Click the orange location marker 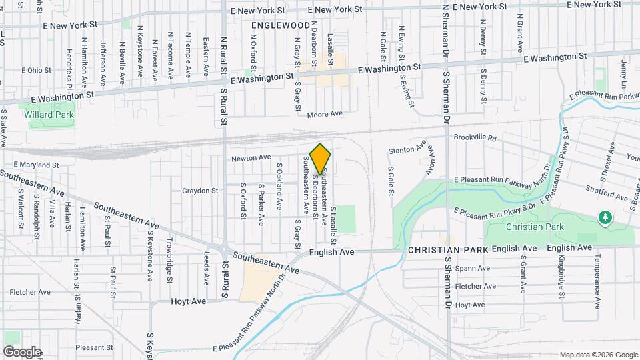pyautogui.click(x=321, y=159)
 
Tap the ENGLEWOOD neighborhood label pyautogui.click(x=281, y=25)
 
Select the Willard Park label pyautogui.click(x=49, y=114)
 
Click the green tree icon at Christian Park pyautogui.click(x=605, y=217)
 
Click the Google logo pyautogui.click(x=22, y=351)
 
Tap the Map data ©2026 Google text pyautogui.click(x=598, y=354)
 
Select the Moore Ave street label pyautogui.click(x=325, y=114)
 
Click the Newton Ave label pyautogui.click(x=251, y=158)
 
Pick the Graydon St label pyautogui.click(x=200, y=191)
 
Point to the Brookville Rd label pyautogui.click(x=475, y=138)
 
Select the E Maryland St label pyautogui.click(x=36, y=164)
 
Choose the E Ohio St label pyautogui.click(x=36, y=69)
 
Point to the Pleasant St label pyautogui.click(x=94, y=347)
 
